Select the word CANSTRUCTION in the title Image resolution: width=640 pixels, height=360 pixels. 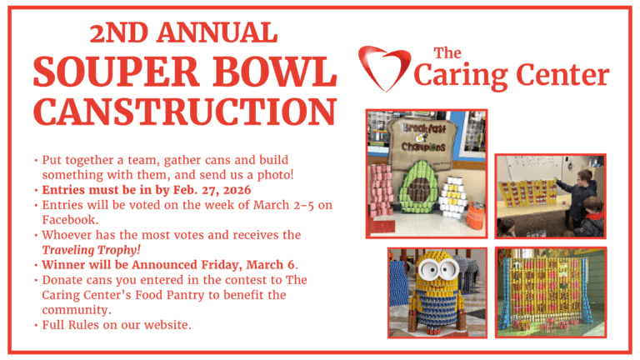click(185, 112)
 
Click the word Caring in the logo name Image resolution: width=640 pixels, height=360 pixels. click(470, 76)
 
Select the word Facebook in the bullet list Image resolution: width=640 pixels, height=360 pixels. click(70, 219)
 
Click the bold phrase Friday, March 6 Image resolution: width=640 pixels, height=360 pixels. click(246, 264)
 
